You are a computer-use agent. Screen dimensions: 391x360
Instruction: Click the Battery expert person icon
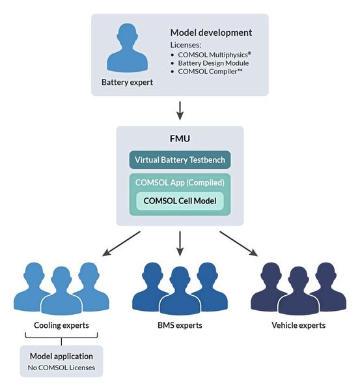click(127, 50)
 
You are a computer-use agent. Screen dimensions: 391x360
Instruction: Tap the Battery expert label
click(128, 83)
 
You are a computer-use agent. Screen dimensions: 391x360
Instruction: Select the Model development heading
click(211, 33)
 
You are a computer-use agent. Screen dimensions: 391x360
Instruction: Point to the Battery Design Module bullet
click(213, 63)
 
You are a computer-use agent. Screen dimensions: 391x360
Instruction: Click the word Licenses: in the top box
click(186, 44)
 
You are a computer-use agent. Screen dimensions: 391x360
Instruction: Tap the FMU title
click(180, 139)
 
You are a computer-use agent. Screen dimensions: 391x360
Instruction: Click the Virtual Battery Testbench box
click(180, 160)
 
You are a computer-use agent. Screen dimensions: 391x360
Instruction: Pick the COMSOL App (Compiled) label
click(180, 182)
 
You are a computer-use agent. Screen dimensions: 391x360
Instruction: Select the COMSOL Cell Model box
click(180, 201)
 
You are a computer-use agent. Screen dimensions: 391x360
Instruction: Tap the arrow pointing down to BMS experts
click(180, 243)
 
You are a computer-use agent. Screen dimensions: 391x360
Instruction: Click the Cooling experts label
click(61, 325)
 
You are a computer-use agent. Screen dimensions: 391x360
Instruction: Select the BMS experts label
click(180, 325)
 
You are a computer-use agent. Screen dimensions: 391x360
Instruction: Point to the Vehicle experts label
click(298, 325)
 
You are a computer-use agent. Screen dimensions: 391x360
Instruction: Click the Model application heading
click(61, 356)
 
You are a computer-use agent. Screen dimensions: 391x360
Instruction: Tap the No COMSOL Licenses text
click(61, 368)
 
